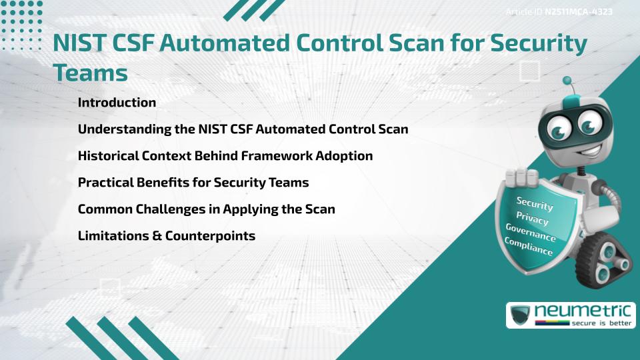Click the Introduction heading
(117, 103)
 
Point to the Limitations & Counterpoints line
(166, 235)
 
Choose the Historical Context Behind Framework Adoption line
(225, 155)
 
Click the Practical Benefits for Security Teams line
(193, 182)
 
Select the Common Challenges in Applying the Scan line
(206, 209)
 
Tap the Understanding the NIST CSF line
(243, 129)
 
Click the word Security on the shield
(535, 203)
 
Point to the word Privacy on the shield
(533, 218)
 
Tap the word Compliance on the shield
(528, 247)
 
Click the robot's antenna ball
(567, 81)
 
